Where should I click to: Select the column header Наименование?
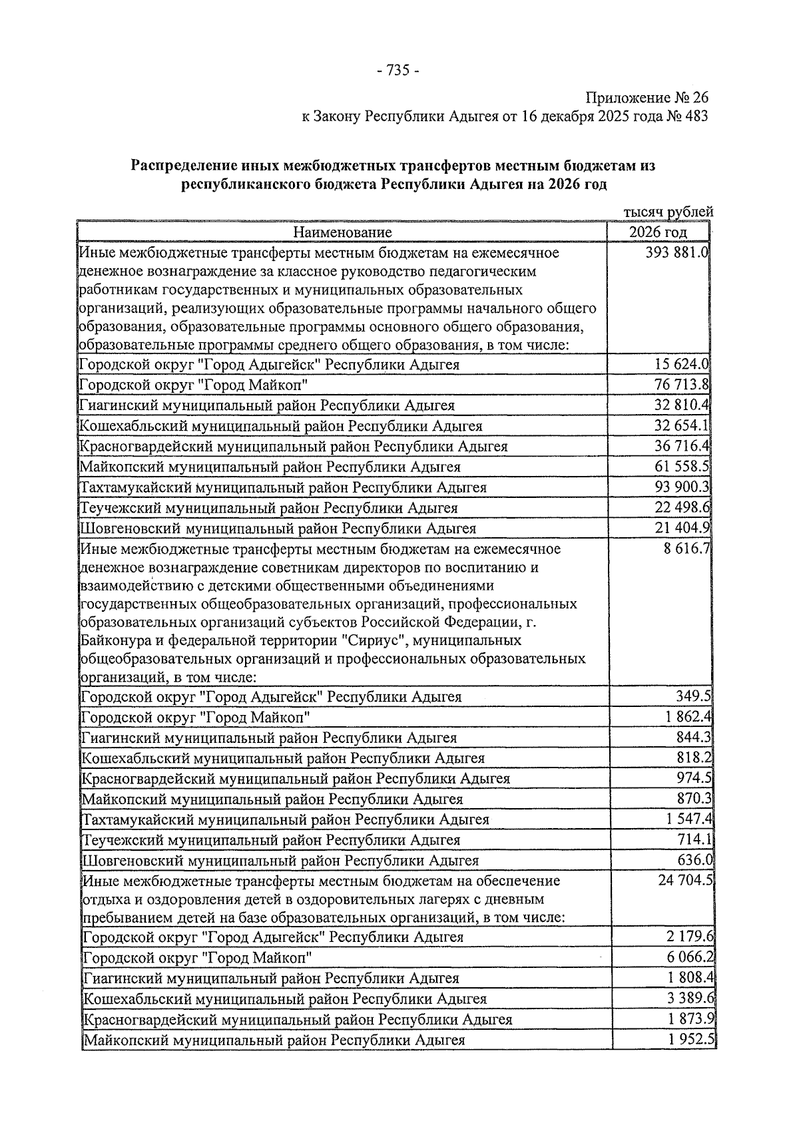click(x=342, y=232)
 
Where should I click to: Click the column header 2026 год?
click(x=658, y=232)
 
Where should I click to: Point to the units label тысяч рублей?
click(x=668, y=212)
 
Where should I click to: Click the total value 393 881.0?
click(x=676, y=253)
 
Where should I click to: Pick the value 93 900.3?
click(x=682, y=487)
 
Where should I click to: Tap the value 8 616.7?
click(x=686, y=549)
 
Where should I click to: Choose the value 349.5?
click(x=694, y=697)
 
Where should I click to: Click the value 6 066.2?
click(x=690, y=957)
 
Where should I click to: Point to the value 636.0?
click(x=694, y=860)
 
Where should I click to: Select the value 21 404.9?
click(x=682, y=529)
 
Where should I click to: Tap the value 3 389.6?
click(x=690, y=999)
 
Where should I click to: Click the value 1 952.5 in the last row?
click(x=690, y=1040)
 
